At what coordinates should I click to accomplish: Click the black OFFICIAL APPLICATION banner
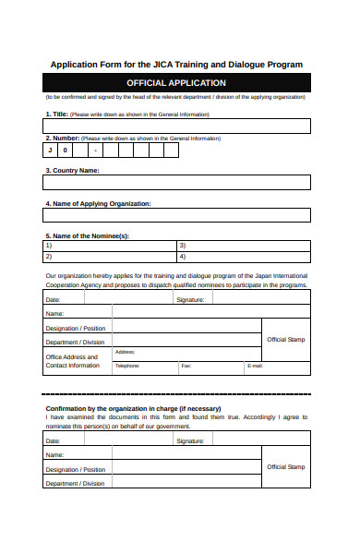pyautogui.click(x=176, y=83)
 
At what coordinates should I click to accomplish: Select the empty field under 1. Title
pyautogui.click(x=176, y=126)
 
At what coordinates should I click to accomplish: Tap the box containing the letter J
pyautogui.click(x=51, y=150)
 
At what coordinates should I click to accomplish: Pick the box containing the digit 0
pyautogui.click(x=66, y=150)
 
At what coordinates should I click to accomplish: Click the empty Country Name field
pyautogui.click(x=176, y=182)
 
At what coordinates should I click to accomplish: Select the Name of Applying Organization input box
pyautogui.click(x=176, y=216)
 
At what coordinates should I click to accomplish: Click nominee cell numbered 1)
pyautogui.click(x=109, y=246)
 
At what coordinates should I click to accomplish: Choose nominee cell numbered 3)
pyautogui.click(x=243, y=246)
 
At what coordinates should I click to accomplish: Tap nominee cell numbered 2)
pyautogui.click(x=109, y=257)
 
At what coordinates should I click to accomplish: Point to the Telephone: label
pyautogui.click(x=126, y=367)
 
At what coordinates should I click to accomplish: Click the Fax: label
pyautogui.click(x=186, y=367)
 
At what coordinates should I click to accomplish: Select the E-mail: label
pyautogui.click(x=256, y=367)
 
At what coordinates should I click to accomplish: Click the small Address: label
pyautogui.click(x=126, y=352)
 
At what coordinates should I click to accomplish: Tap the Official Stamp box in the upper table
pyautogui.click(x=285, y=340)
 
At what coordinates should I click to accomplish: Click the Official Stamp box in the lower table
pyautogui.click(x=285, y=467)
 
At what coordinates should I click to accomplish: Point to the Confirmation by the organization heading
pyautogui.click(x=133, y=408)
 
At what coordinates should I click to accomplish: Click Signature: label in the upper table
pyautogui.click(x=190, y=300)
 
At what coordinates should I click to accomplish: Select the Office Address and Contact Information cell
pyautogui.click(x=73, y=361)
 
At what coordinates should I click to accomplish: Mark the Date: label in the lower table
pyautogui.click(x=54, y=441)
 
